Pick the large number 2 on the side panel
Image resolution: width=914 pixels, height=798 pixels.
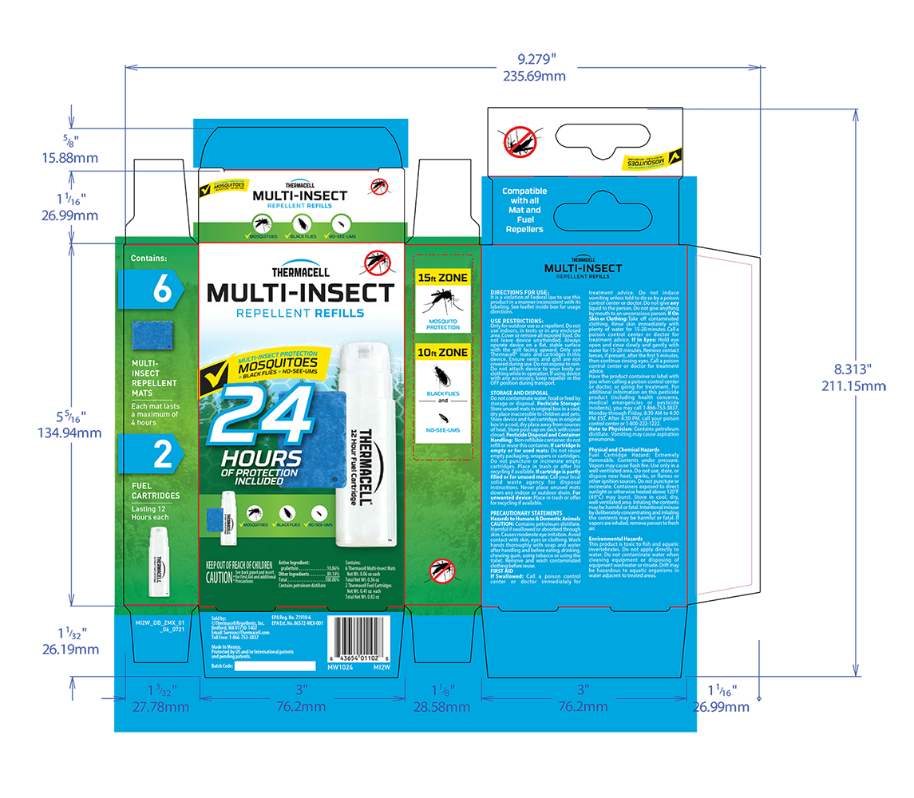pyautogui.click(x=162, y=453)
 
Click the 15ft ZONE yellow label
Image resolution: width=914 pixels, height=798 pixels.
pyautogui.click(x=442, y=278)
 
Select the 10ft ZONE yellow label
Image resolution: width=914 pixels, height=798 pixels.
pyautogui.click(x=442, y=351)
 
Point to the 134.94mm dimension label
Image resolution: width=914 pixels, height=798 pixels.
pyautogui.click(x=70, y=433)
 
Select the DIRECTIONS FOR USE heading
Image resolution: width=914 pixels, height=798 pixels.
pyautogui.click(x=519, y=293)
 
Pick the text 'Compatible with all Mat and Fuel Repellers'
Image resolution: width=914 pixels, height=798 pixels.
pyautogui.click(x=524, y=210)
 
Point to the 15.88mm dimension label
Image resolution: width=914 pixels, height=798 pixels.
pyautogui.click(x=70, y=157)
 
